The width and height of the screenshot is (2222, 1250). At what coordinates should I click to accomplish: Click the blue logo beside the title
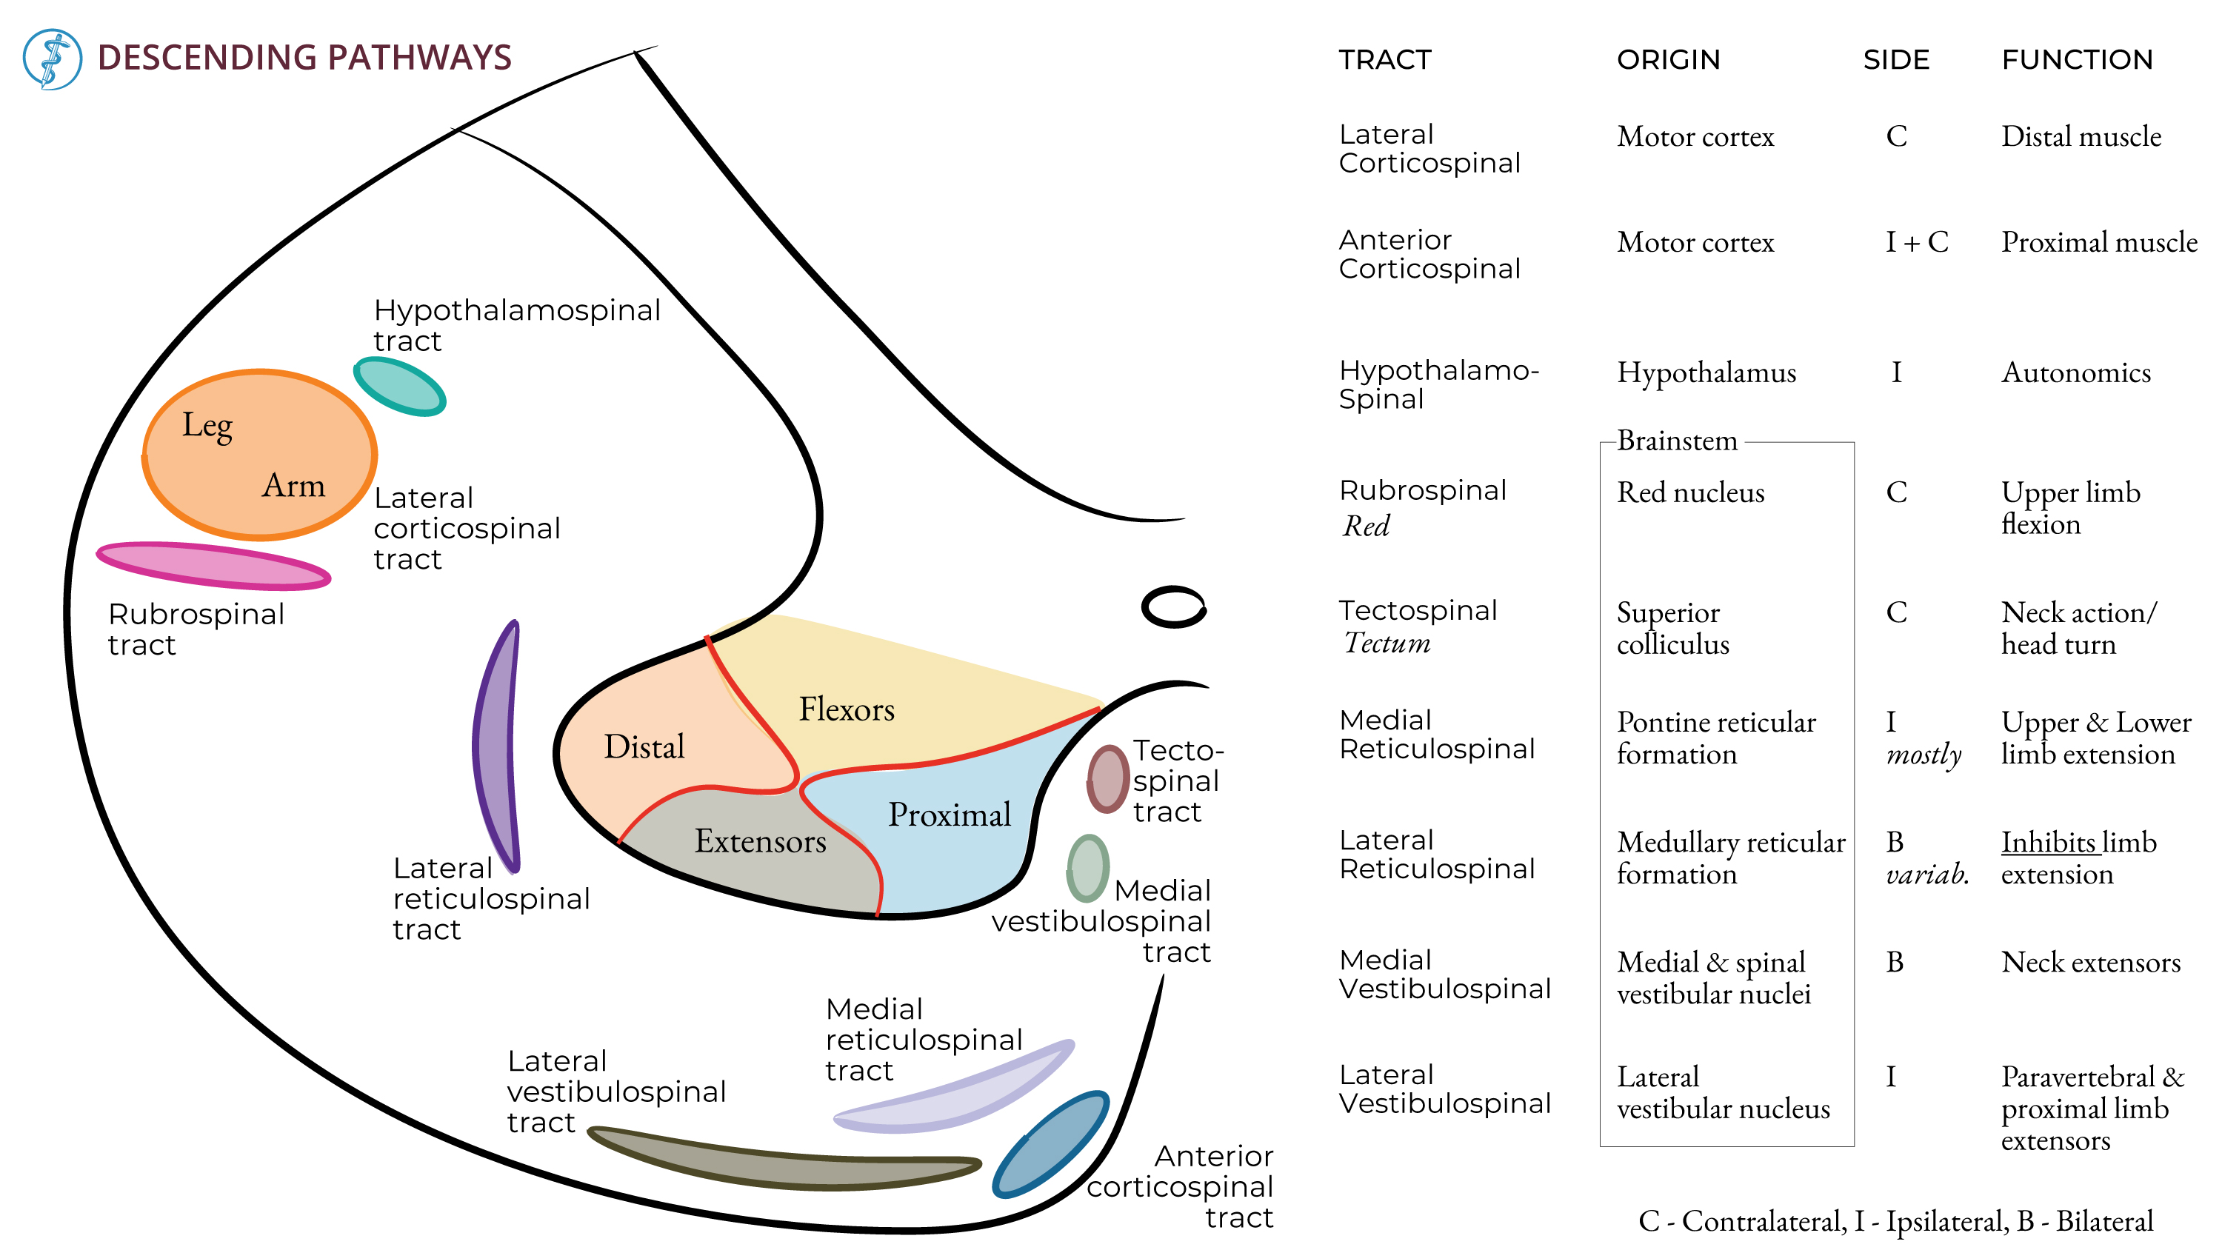pos(52,59)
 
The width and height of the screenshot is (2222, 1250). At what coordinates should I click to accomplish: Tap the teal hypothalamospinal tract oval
pos(400,387)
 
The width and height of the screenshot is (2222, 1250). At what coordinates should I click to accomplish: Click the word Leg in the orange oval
pos(207,426)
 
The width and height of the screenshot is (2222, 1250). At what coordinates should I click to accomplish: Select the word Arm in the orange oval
pos(293,486)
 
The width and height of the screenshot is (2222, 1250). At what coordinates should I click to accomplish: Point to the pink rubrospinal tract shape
pos(213,566)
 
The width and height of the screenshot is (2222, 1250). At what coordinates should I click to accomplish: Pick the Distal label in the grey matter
pos(644,747)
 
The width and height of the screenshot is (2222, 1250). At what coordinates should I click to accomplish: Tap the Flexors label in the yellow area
pos(846,709)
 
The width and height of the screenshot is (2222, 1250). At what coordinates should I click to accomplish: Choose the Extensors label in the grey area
pos(760,841)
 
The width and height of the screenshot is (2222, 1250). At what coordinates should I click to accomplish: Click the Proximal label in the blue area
pos(949,815)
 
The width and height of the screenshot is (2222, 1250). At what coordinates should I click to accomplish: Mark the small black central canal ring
pos(1173,607)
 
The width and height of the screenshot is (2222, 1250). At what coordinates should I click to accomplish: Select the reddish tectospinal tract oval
pos(1107,780)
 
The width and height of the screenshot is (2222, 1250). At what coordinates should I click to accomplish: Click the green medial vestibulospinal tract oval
pos(1088,869)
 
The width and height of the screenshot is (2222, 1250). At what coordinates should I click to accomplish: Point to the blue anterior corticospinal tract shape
pos(1050,1146)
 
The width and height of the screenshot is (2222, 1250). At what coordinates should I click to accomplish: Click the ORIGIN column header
pos(1667,59)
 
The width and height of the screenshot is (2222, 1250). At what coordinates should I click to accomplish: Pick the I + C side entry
pos(1916,242)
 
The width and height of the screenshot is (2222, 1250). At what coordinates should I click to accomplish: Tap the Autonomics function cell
pos(2075,372)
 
